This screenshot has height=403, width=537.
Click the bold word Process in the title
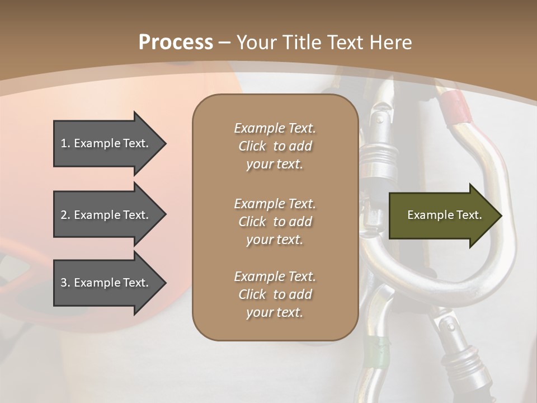click(x=176, y=43)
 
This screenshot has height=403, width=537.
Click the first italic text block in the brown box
click(x=275, y=146)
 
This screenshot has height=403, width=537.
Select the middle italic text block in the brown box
click(x=275, y=222)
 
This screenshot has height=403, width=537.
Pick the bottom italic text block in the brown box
click(x=275, y=294)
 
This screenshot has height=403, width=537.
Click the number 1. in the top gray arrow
click(x=65, y=143)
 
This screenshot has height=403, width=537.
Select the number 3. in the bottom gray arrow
click(x=65, y=283)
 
